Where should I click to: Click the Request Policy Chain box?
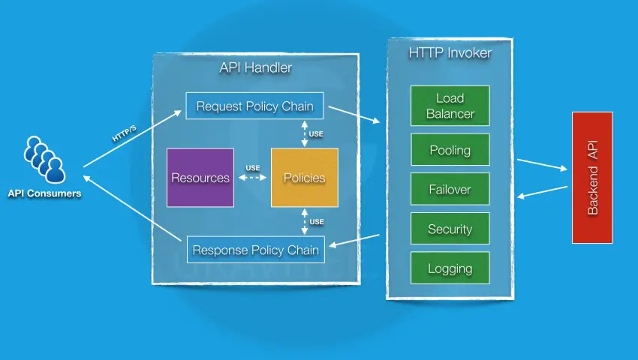pos(254,106)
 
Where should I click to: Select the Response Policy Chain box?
pos(255,250)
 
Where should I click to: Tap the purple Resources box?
pos(200,178)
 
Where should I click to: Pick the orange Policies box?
pos(304,178)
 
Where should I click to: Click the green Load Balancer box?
pos(450,106)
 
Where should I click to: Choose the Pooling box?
pos(450,150)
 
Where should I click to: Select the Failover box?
pos(450,190)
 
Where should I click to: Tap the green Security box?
pos(450,229)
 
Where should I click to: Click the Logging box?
pos(450,268)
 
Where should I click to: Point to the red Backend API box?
pos(592,178)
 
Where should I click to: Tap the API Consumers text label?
pos(44,193)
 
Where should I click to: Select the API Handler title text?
pos(255,68)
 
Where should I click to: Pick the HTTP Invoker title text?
pos(450,53)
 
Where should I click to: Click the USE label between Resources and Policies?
pos(253,168)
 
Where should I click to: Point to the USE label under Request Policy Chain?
pos(317,133)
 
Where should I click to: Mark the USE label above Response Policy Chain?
pos(317,222)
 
